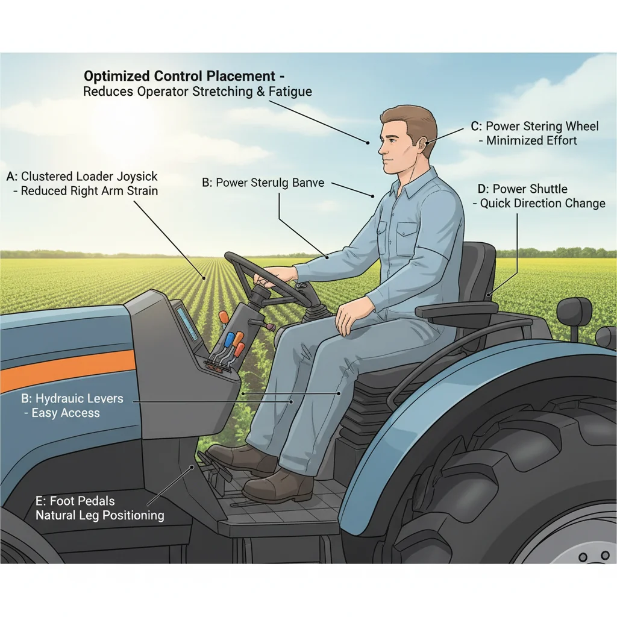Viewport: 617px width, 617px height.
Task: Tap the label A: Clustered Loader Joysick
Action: point(82,177)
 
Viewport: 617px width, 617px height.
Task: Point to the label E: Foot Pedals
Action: point(75,501)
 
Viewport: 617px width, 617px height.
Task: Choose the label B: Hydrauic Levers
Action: point(72,398)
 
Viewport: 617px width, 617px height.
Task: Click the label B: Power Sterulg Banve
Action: point(263,183)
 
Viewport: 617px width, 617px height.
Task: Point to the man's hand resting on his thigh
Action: point(348,313)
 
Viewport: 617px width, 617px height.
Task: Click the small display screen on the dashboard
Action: point(187,323)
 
